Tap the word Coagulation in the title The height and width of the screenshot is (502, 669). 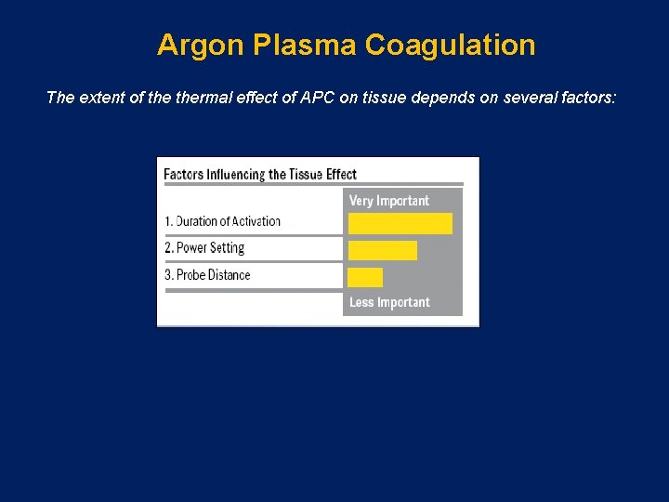(x=451, y=46)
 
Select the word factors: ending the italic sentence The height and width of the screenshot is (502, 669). (x=583, y=97)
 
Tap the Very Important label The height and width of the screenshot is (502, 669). (x=389, y=201)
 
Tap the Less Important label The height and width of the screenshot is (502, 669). (x=389, y=302)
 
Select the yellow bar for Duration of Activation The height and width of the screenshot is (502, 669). (x=400, y=223)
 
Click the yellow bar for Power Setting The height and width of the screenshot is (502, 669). (x=382, y=250)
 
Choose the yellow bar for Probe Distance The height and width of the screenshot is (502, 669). (x=365, y=277)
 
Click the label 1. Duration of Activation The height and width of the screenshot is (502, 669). (x=222, y=221)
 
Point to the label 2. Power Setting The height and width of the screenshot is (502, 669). (x=204, y=248)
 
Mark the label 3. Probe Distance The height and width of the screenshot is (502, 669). (x=207, y=275)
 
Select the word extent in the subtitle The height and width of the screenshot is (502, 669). (x=98, y=97)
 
